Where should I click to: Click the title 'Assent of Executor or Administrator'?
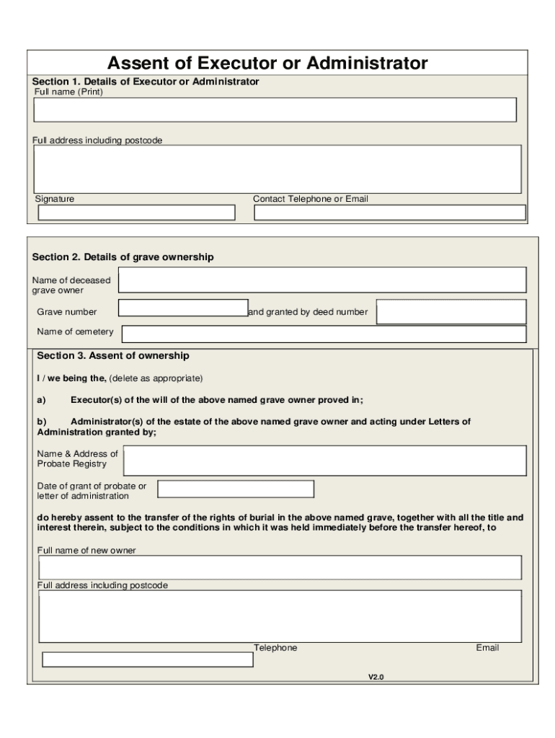tap(267, 63)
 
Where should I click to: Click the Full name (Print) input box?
tap(275, 110)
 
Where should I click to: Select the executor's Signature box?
tap(136, 213)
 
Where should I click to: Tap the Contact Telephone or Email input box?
tap(390, 213)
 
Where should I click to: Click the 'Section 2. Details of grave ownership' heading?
tap(123, 257)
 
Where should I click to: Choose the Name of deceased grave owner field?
tap(322, 280)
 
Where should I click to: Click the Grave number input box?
tap(183, 308)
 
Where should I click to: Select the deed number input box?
tap(451, 312)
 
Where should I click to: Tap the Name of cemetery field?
tap(324, 334)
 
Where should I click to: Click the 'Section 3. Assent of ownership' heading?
tap(113, 355)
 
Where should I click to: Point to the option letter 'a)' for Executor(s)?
tap(42, 400)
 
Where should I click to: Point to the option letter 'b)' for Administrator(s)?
tap(42, 422)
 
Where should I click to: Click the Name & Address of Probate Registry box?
tap(325, 461)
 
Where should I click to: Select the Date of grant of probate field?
tap(236, 489)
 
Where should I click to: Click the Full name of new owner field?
tap(280, 567)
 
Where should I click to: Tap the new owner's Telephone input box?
tap(147, 659)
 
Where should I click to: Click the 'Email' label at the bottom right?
tap(487, 648)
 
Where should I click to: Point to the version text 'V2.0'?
tap(376, 677)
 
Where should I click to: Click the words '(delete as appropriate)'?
tap(156, 378)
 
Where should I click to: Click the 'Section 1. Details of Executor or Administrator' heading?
tap(146, 81)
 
